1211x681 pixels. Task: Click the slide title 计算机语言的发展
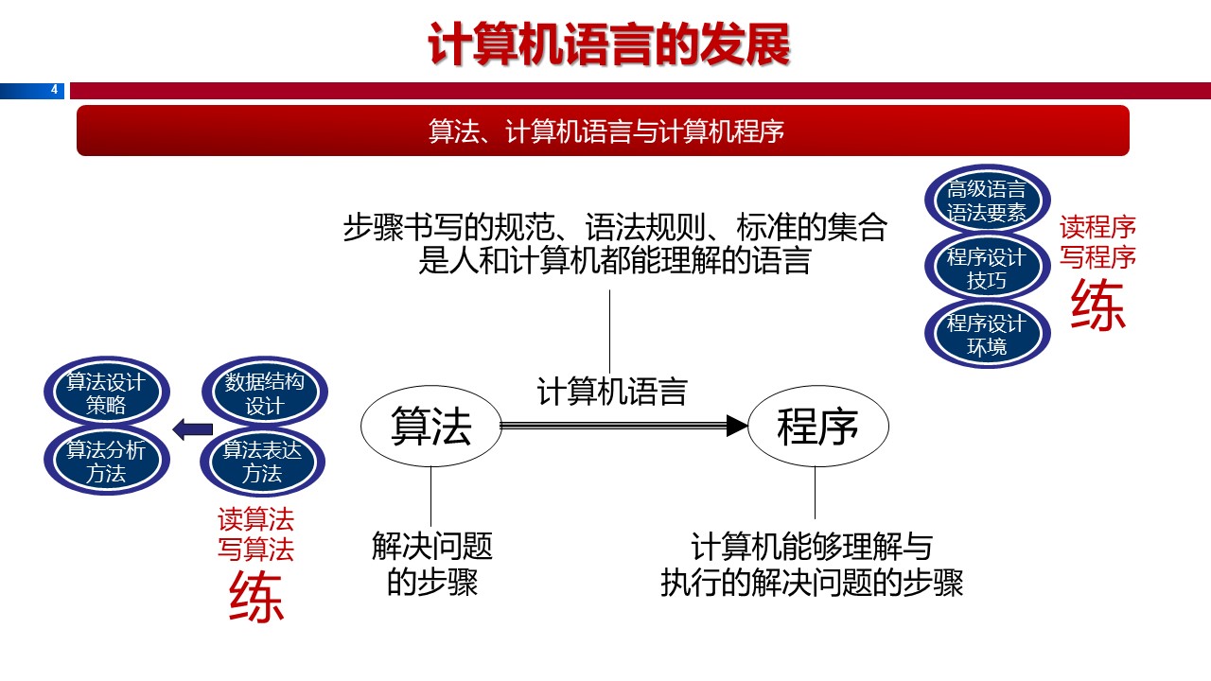point(608,45)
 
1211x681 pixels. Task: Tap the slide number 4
point(54,90)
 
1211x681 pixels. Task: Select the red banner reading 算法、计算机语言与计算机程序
point(603,131)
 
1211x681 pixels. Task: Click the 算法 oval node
point(430,428)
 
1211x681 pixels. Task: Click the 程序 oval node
point(817,428)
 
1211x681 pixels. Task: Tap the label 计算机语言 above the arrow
point(611,392)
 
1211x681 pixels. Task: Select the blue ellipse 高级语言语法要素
point(986,201)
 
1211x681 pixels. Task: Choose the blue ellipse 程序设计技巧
point(986,268)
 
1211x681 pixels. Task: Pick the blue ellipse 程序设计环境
point(986,334)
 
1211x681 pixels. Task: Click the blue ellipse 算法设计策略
point(106,394)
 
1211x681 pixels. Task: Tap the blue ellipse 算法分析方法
point(106,462)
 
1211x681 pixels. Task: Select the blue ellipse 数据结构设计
point(264,394)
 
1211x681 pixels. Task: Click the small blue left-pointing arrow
point(192,429)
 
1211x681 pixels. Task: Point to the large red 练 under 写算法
point(256,598)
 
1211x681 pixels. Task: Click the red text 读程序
point(1097,227)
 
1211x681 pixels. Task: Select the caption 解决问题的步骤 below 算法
point(432,564)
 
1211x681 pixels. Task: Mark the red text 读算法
point(256,519)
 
